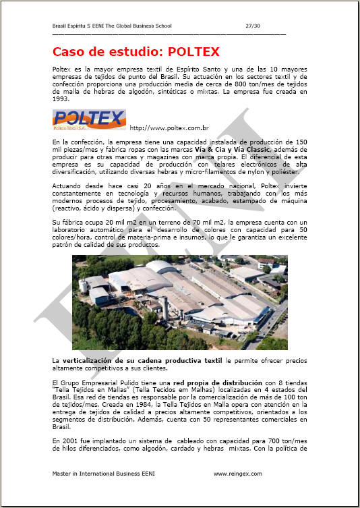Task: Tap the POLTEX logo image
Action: [88, 120]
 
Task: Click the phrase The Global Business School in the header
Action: [140, 26]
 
